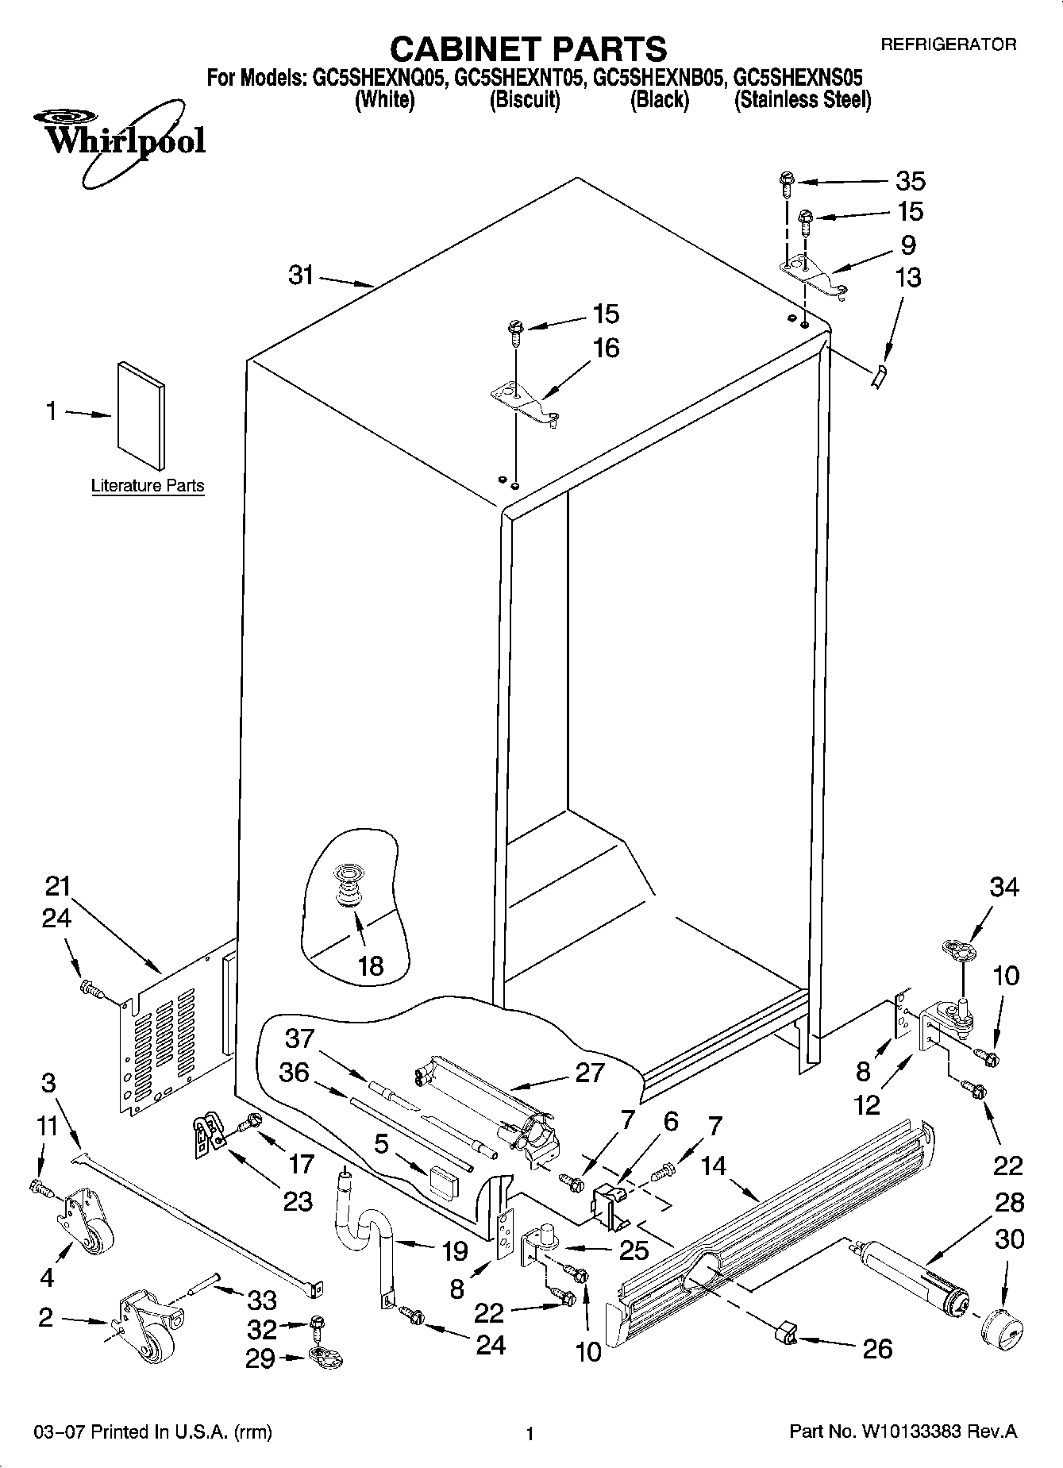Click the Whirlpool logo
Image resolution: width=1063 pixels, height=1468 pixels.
tap(119, 141)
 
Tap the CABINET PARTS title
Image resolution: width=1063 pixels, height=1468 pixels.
tap(529, 49)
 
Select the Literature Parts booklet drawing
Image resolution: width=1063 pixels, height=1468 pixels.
tap(142, 415)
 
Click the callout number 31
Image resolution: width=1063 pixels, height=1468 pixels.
tap(301, 276)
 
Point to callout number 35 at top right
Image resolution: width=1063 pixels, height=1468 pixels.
tap(910, 181)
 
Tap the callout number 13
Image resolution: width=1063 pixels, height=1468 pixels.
tap(908, 278)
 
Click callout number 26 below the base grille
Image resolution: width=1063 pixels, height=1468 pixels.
tap(877, 1347)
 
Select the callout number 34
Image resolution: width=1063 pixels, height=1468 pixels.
tap(1003, 887)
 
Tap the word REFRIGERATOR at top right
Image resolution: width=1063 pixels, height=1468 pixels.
tap(948, 44)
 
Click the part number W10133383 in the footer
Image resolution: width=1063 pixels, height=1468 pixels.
tap(911, 1431)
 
